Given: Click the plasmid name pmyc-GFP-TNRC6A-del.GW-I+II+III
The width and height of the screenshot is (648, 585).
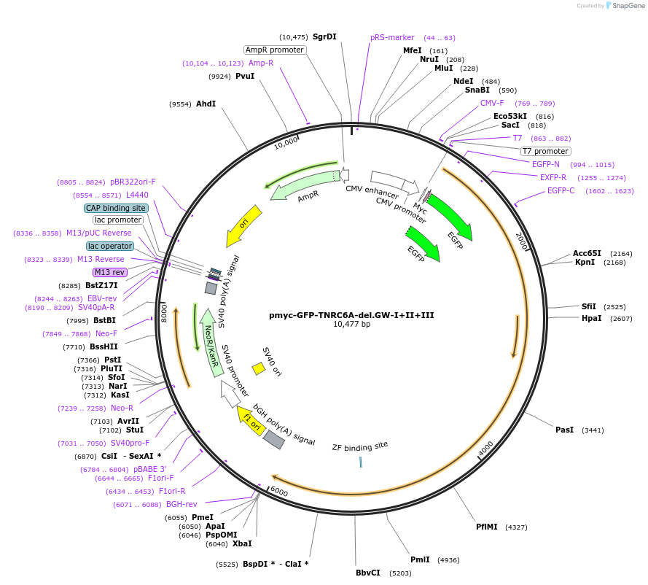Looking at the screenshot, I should tap(351, 315).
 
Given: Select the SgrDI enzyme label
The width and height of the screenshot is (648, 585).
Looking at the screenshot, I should tap(324, 36).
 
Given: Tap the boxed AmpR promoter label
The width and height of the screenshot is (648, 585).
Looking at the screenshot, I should tap(275, 50).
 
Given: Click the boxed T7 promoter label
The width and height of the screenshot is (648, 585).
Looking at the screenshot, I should tap(545, 151).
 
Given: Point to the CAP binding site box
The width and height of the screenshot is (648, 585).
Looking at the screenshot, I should tap(117, 208).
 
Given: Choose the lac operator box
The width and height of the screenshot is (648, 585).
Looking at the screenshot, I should tap(110, 246).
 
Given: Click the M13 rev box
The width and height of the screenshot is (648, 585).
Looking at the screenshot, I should tap(110, 272).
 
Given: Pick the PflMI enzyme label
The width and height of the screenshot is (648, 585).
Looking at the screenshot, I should tap(486, 527).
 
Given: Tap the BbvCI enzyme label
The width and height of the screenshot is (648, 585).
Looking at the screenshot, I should tap(368, 573).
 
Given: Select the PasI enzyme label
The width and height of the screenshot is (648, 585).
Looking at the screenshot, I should tap(565, 430).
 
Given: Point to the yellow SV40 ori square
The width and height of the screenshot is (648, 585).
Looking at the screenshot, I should tap(258, 368).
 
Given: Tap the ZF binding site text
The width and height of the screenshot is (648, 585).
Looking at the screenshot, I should tap(360, 446).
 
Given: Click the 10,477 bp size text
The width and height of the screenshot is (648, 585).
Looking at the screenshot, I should tap(351, 325).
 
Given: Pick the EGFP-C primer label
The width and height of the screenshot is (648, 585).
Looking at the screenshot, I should tap(561, 191).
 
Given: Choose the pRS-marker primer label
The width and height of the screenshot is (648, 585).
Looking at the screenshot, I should tap(392, 37).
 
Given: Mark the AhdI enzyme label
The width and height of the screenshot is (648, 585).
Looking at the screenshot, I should tap(206, 104).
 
